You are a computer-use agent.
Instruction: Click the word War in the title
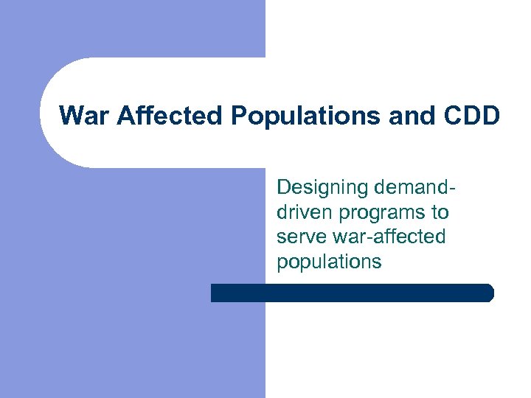[x=83, y=116]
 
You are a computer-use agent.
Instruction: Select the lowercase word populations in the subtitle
[x=329, y=262]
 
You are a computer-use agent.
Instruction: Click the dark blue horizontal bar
[x=352, y=293]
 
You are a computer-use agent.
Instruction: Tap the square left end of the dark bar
[x=214, y=293]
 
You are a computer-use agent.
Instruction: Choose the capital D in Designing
[x=284, y=187]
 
